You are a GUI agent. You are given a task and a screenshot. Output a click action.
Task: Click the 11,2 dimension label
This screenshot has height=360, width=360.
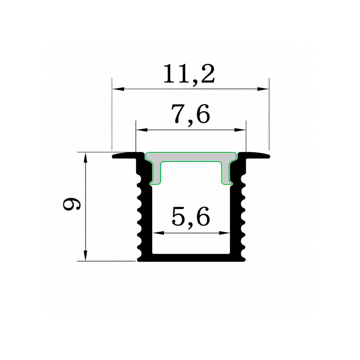click(189, 74)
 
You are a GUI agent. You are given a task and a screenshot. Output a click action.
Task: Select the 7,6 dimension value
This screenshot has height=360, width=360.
click(191, 114)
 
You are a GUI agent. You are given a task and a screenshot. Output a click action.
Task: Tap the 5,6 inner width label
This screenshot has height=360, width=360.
click(191, 217)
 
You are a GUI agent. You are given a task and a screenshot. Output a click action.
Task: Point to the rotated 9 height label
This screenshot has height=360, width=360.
click(72, 204)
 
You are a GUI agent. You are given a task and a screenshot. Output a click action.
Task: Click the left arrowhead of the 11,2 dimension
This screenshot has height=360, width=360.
click(118, 89)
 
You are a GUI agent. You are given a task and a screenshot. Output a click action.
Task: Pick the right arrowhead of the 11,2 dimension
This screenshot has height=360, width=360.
click(263, 89)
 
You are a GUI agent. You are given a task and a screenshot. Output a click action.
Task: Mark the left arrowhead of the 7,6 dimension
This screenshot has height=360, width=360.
click(142, 130)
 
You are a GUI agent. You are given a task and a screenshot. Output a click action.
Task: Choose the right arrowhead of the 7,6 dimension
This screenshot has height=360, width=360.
click(240, 130)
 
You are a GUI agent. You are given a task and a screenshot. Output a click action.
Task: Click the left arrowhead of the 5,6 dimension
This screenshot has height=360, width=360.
click(158, 233)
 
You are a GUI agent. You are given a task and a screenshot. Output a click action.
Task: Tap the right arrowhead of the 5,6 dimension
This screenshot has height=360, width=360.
click(224, 233)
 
